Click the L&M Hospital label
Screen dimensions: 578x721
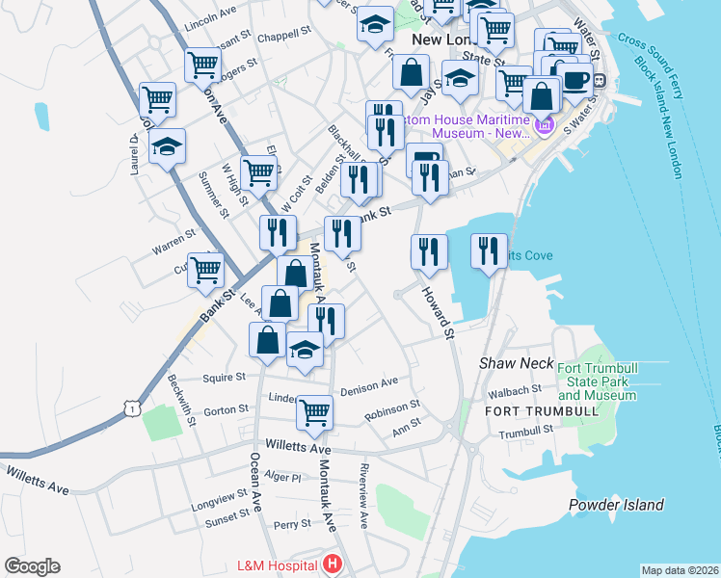click(x=280, y=565)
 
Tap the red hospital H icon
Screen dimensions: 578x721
click(x=333, y=565)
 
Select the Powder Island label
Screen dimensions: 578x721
click(x=617, y=505)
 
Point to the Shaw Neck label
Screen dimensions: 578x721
click(x=517, y=363)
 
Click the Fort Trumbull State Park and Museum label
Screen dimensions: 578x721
click(x=597, y=381)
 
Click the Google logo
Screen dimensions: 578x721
click(x=32, y=566)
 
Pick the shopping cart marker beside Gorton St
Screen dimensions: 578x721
click(x=314, y=412)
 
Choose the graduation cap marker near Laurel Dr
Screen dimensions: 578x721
click(x=168, y=146)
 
